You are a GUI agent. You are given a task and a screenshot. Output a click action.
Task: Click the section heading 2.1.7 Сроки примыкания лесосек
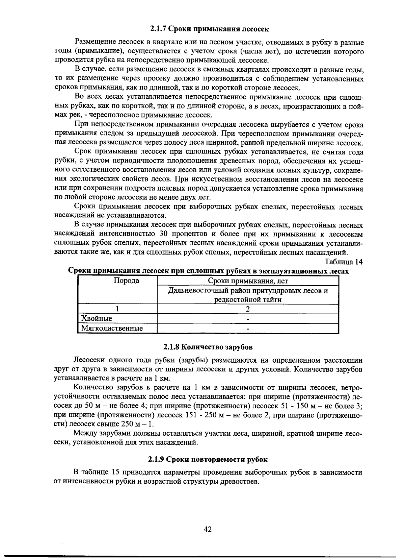[x=209, y=29]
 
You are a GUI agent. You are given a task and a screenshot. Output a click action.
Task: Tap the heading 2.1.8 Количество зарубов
[x=208, y=347]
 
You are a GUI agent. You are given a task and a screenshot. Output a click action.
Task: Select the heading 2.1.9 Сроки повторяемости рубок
[x=208, y=459]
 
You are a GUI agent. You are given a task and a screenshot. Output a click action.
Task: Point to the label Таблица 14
[x=344, y=262]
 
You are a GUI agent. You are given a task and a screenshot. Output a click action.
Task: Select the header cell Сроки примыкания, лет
[x=248, y=281]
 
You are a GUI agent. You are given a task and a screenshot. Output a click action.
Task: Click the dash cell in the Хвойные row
[x=248, y=319]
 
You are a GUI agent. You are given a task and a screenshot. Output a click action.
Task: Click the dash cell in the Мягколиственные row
[x=248, y=329]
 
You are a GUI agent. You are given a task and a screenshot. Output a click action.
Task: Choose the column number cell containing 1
[x=117, y=309]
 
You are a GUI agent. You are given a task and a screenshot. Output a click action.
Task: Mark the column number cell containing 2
[x=248, y=309]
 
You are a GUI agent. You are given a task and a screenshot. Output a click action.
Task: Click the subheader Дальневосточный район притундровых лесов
[x=248, y=290]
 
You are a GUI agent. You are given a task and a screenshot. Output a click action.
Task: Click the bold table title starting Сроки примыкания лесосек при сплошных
[x=208, y=271]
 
